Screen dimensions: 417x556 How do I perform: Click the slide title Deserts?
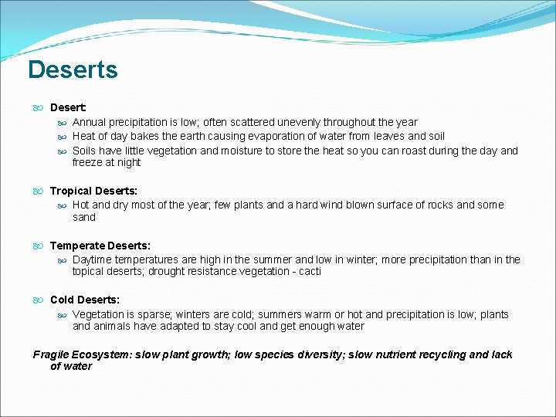[x=73, y=69]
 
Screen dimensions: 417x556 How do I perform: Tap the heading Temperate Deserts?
[x=100, y=246]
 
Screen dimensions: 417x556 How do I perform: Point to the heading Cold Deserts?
[x=85, y=300]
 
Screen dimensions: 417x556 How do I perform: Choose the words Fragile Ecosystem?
[x=82, y=354]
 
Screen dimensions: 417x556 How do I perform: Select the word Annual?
[x=90, y=122]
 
